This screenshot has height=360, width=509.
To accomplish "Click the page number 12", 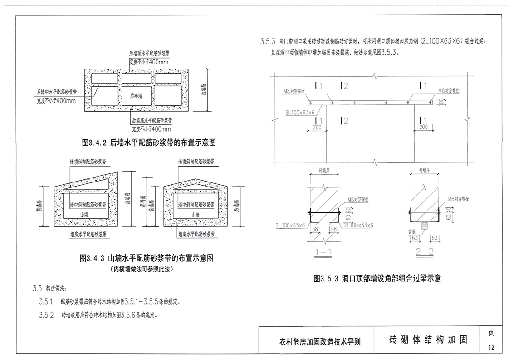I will pyautogui.click(x=491, y=348).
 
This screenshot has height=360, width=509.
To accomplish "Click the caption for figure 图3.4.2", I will pyautogui.click(x=148, y=143).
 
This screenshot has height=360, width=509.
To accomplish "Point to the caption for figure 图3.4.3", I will pyautogui.click(x=147, y=258).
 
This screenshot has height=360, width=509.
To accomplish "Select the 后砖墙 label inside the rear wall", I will pyautogui.click(x=136, y=96).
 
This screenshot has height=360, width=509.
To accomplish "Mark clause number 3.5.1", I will pyautogui.click(x=46, y=301).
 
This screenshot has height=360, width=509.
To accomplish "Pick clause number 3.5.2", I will pyautogui.click(x=46, y=315).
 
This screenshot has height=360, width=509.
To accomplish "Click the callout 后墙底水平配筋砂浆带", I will pyautogui.click(x=152, y=121).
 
